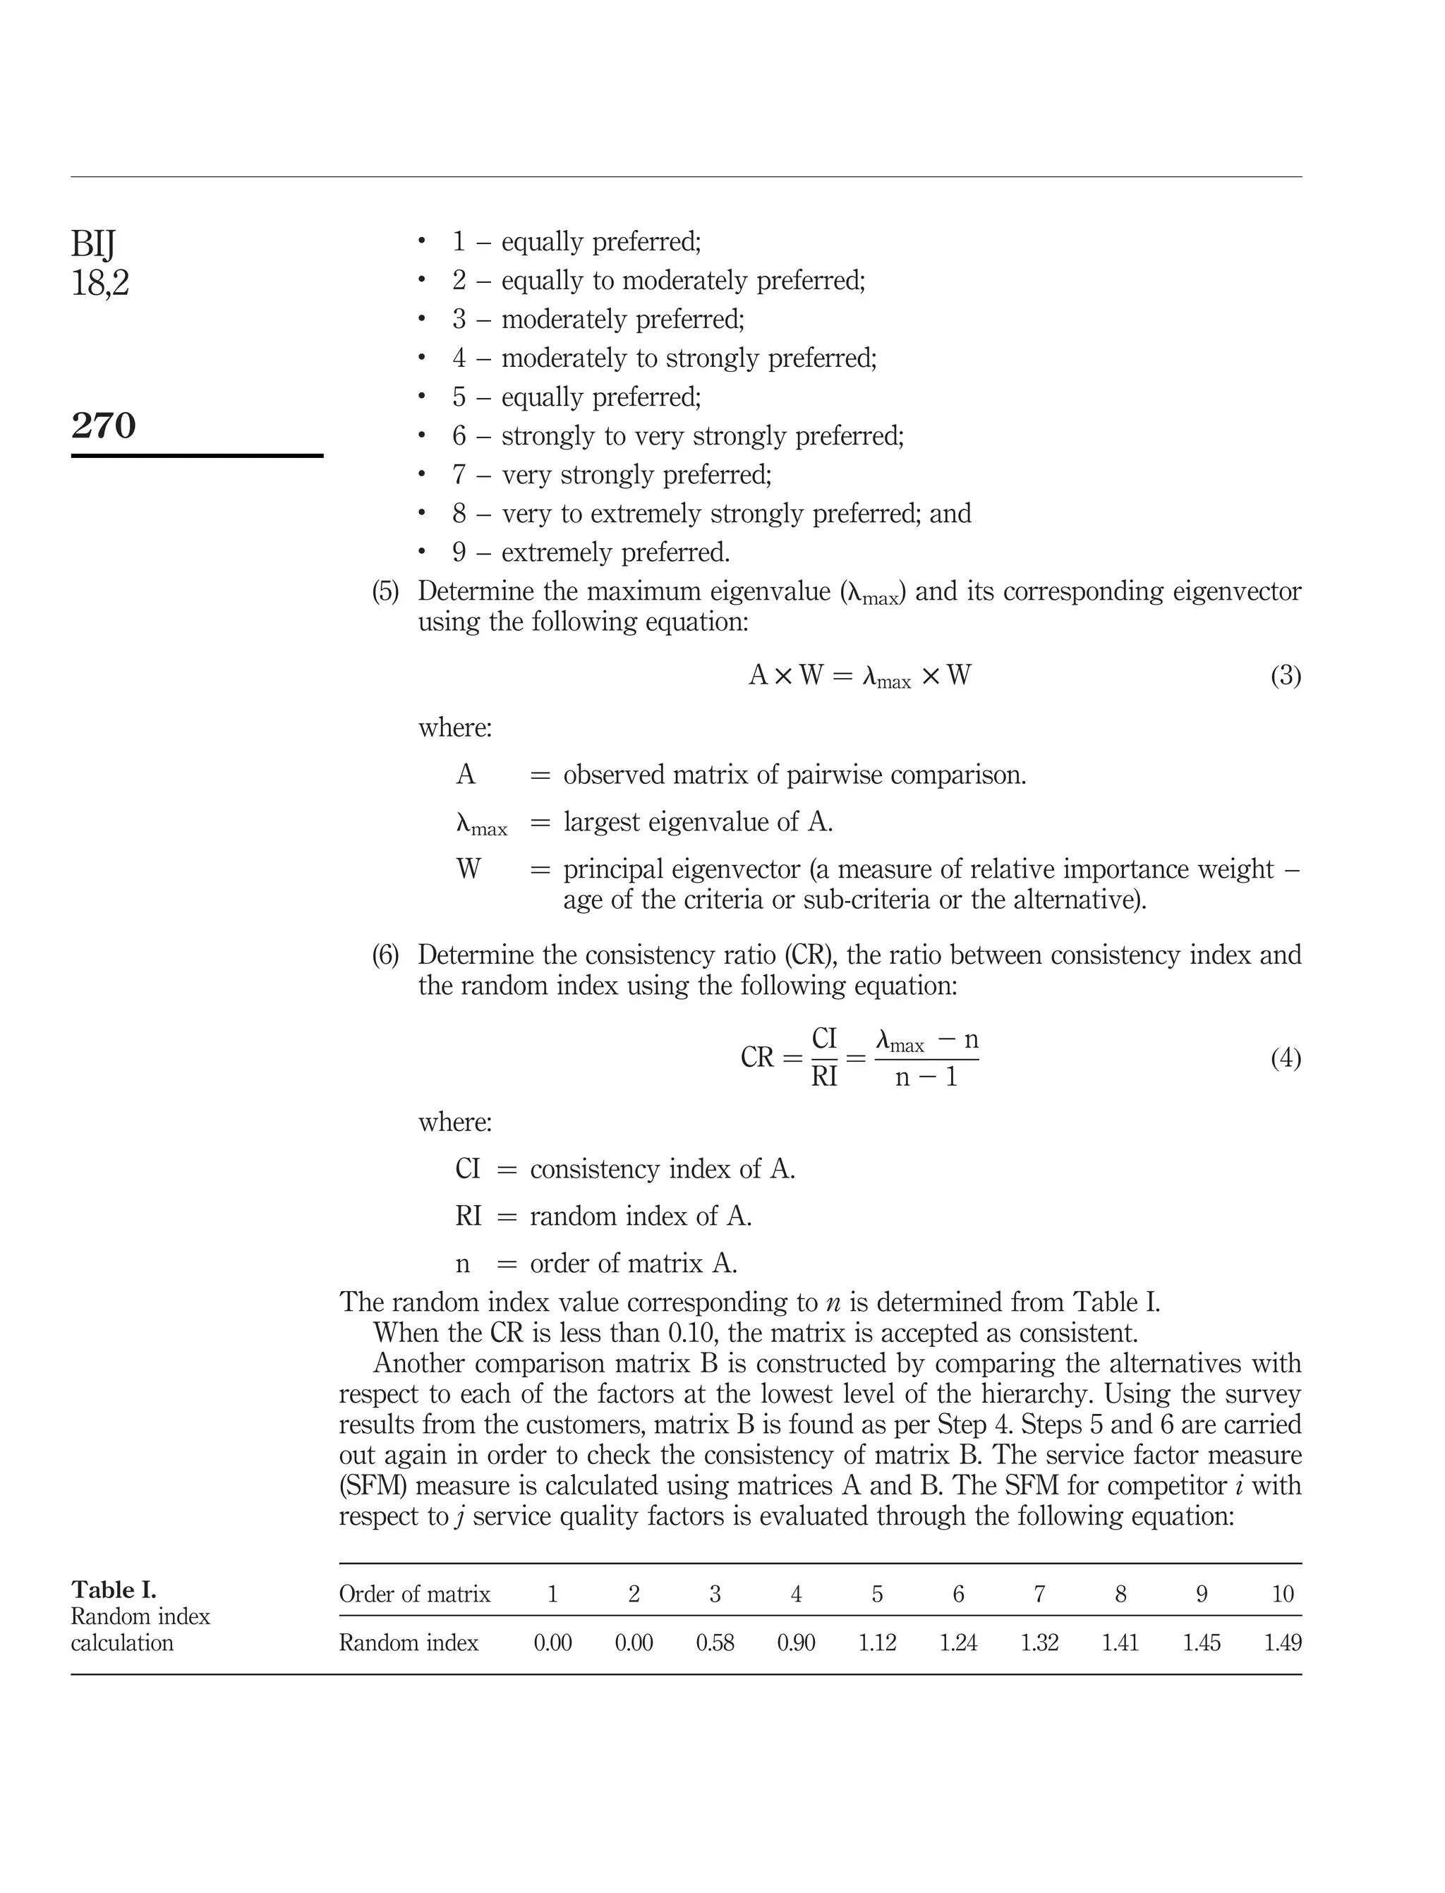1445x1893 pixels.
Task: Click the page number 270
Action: [103, 425]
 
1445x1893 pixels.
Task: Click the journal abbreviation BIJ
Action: [93, 244]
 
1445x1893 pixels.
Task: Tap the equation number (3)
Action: [1285, 676]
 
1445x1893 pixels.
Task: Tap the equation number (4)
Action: [1285, 1058]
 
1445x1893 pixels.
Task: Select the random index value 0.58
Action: [715, 1643]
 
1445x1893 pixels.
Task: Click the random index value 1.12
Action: [876, 1643]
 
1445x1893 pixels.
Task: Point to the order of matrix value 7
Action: [1039, 1595]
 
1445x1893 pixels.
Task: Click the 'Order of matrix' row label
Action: [415, 1595]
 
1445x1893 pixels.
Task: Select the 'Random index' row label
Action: [409, 1643]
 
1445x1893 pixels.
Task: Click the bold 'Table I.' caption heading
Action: [114, 1590]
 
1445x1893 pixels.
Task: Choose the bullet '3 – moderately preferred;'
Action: [598, 319]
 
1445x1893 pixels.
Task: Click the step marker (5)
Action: [385, 592]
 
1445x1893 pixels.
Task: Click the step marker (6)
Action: [385, 955]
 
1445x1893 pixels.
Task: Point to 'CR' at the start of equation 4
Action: [757, 1058]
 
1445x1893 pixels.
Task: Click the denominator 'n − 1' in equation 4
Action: [926, 1077]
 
